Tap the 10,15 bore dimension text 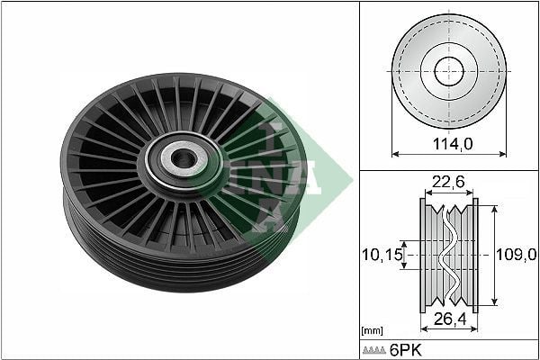coord(382,256)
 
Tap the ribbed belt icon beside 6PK coord(374,350)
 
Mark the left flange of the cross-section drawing coord(423,255)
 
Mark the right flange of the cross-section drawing coord(475,255)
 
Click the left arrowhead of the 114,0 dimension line coord(394,154)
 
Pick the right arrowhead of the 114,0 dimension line coord(503,154)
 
